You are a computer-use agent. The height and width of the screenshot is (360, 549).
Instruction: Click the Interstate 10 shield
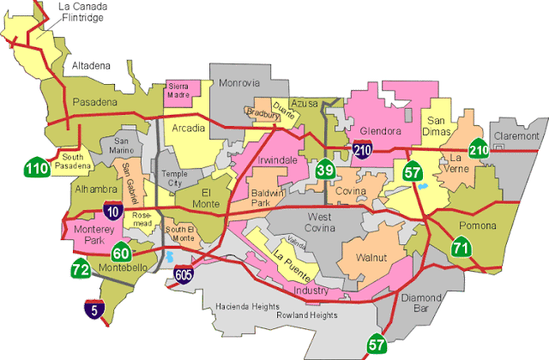coord(112,210)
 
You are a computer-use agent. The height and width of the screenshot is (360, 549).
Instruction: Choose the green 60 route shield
coord(121,251)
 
